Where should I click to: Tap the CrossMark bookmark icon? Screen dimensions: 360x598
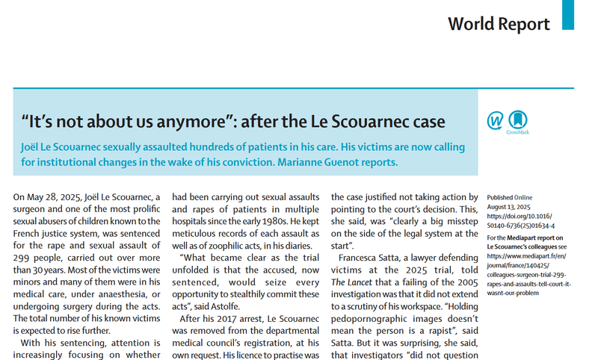518,120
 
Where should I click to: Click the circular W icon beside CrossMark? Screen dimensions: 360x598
495,120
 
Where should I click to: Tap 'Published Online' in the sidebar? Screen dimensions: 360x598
512,195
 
